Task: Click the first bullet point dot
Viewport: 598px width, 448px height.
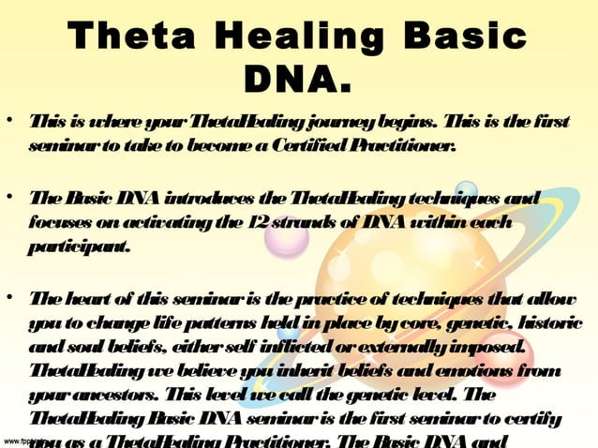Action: click(8, 124)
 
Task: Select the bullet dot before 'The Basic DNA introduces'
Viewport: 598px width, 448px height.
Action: click(8, 198)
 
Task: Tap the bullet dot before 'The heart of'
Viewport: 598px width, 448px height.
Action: click(8, 299)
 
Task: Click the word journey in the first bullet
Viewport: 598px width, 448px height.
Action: click(338, 126)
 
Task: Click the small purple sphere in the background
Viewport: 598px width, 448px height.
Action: click(287, 235)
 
